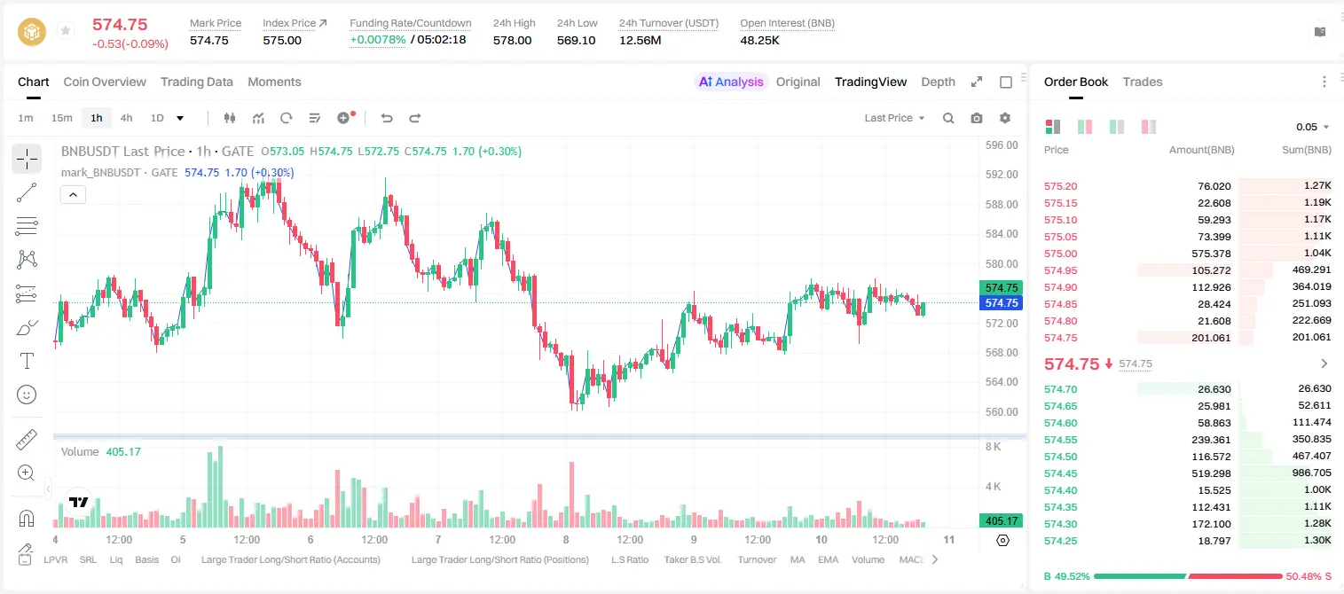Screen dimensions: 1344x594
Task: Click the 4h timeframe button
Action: (x=126, y=118)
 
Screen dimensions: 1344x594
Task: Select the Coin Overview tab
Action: (x=105, y=82)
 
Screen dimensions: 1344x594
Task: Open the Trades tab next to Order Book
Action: (x=1142, y=82)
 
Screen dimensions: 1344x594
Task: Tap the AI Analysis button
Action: (x=731, y=82)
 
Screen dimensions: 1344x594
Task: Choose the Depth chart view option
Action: (x=938, y=82)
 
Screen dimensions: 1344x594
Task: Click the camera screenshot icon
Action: (x=976, y=118)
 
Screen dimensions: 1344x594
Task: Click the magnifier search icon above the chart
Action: (x=948, y=118)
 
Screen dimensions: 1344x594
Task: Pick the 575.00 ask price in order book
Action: (x=1060, y=254)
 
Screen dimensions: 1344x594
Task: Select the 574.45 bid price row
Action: (x=1060, y=473)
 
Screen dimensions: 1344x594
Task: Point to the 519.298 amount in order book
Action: (x=1211, y=473)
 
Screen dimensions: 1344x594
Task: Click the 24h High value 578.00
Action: (x=513, y=40)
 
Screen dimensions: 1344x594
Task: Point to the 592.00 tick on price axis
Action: (x=1002, y=175)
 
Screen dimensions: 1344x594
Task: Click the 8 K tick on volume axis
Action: (x=993, y=447)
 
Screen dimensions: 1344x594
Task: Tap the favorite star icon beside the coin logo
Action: (x=66, y=30)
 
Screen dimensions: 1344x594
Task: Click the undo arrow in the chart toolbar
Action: (x=387, y=118)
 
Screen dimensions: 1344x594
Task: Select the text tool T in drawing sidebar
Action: (x=27, y=361)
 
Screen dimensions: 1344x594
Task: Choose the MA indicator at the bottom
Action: (x=798, y=559)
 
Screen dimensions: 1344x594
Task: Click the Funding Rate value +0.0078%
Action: (x=377, y=40)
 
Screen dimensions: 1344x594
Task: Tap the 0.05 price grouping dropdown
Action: (x=1312, y=127)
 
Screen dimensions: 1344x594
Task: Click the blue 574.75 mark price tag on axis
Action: (x=1001, y=302)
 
